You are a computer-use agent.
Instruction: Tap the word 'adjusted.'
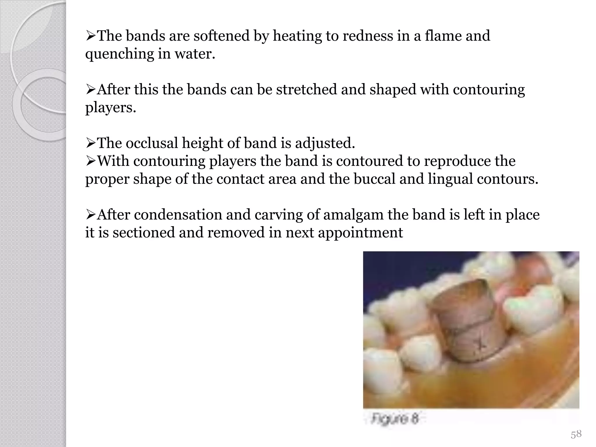(x=325, y=143)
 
